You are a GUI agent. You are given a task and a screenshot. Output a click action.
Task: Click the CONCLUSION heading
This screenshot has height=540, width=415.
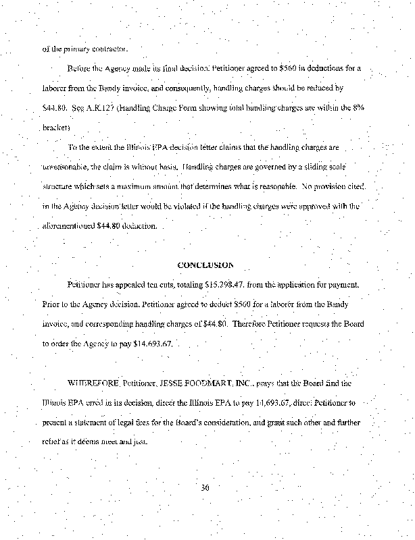coord(205,265)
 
